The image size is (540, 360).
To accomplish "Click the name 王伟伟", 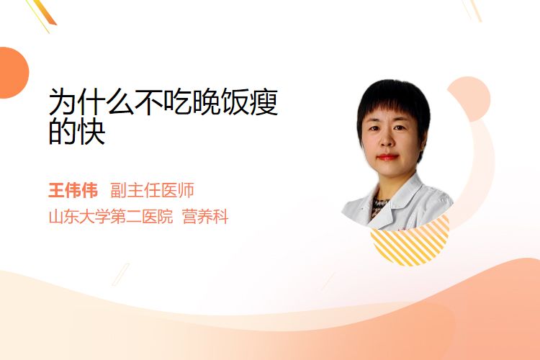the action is click(73, 190).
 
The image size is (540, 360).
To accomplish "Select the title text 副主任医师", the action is click(152, 190).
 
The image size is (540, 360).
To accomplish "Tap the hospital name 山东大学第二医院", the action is click(111, 217).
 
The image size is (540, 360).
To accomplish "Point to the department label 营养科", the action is click(205, 217).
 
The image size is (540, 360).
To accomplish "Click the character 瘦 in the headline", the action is click(264, 102).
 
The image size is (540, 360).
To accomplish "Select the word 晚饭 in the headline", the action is click(221, 102).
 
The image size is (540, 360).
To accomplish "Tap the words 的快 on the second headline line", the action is click(77, 131).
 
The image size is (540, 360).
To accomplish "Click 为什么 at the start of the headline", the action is click(91, 102).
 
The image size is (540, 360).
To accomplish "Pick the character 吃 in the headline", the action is click(178, 102).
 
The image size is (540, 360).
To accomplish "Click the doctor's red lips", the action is click(387, 157).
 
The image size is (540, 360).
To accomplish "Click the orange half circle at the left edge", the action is click(13, 73).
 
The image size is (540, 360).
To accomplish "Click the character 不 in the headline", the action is click(149, 102).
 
